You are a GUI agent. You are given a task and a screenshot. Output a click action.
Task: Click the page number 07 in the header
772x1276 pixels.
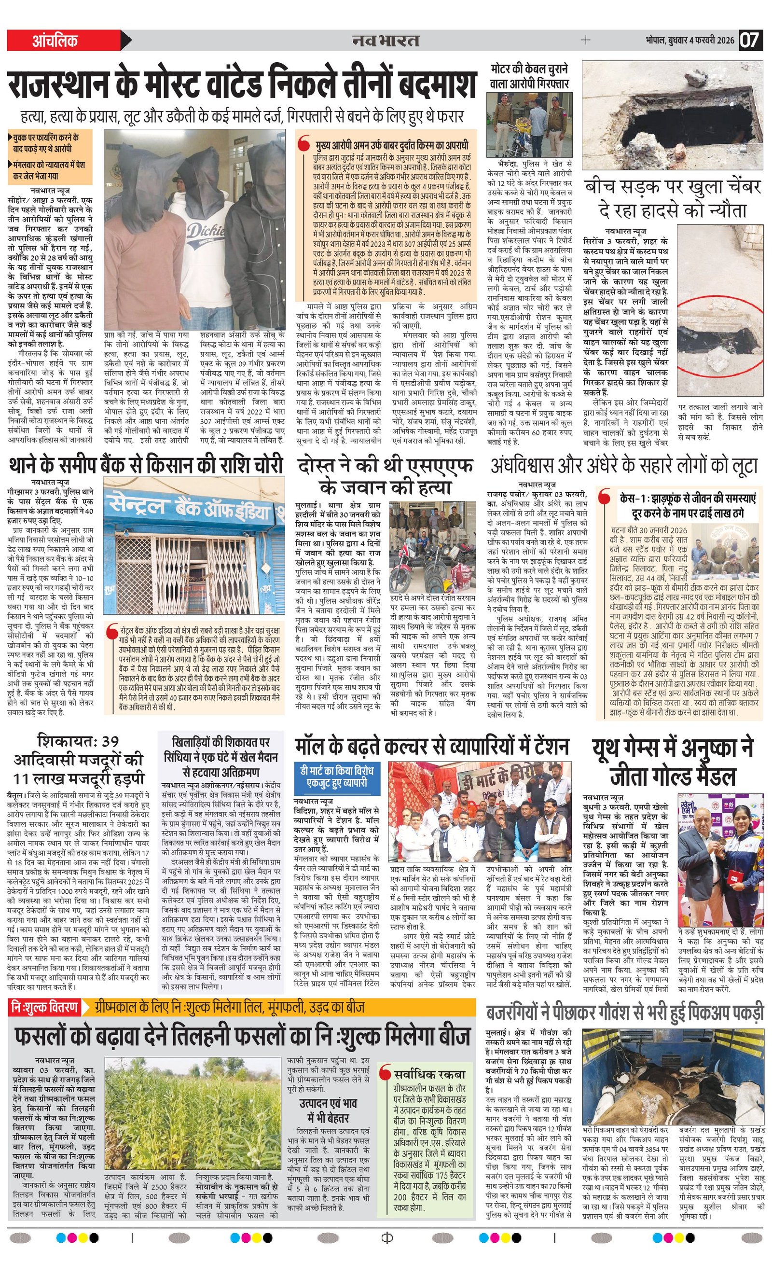pyautogui.click(x=750, y=41)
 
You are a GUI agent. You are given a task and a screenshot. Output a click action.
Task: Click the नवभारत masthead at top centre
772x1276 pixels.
pyautogui.click(x=385, y=41)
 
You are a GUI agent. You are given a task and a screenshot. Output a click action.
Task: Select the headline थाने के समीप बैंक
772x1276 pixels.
pyautogui.click(x=146, y=464)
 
